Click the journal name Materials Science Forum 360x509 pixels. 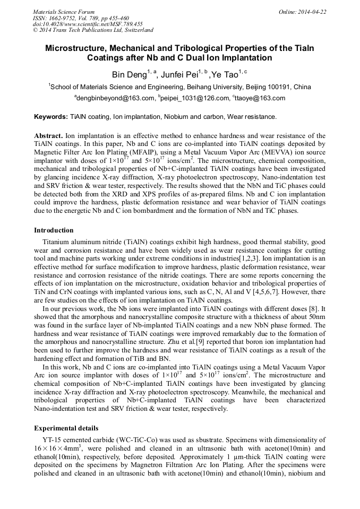(64, 12)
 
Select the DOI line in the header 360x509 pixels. (88, 24)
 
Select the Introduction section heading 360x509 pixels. (54, 230)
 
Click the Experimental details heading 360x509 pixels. (66, 427)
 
